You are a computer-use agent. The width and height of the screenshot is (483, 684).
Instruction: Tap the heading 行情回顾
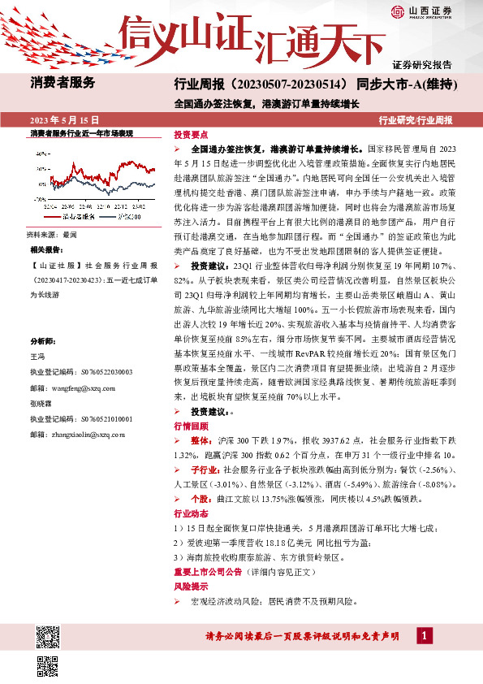[x=191, y=426]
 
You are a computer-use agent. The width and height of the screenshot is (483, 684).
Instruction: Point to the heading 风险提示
[x=191, y=585]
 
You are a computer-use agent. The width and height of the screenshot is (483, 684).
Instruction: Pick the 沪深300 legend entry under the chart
[x=128, y=218]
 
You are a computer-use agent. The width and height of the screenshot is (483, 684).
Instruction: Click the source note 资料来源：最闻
[x=53, y=234]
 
